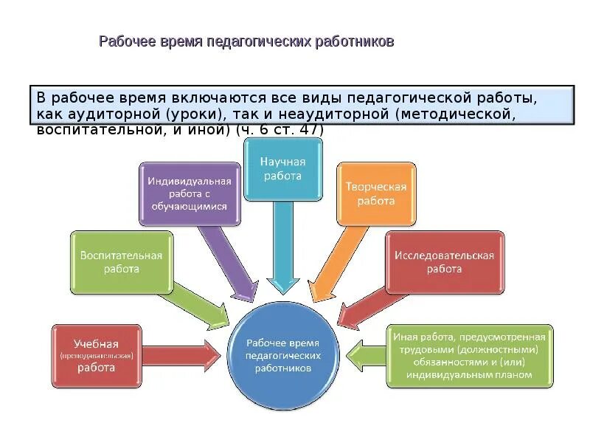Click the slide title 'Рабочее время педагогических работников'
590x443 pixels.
tap(246, 41)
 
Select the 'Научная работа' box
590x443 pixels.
tap(283, 169)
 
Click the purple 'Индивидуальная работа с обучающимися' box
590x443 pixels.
tap(190, 193)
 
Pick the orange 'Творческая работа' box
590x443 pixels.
tap(376, 193)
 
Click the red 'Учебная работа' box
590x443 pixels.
tap(96, 356)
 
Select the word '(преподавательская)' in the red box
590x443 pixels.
tap(96, 356)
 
